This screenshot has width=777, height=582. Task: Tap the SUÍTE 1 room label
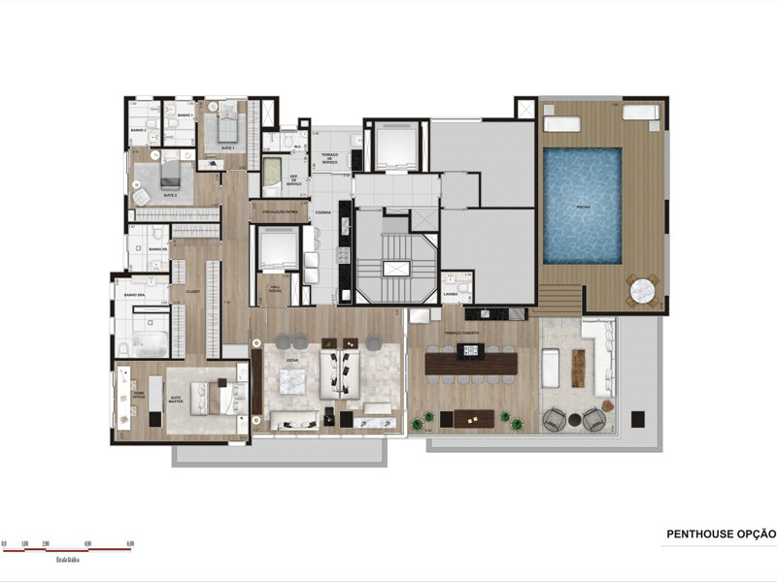(227, 146)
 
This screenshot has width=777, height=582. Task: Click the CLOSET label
(192, 290)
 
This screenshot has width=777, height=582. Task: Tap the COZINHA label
(324, 211)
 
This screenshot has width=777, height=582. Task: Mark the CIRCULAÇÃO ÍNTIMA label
(280, 210)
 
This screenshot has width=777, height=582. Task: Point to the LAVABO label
(450, 294)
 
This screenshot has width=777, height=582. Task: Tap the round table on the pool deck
(643, 289)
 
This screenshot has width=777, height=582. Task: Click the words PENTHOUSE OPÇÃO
(721, 533)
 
